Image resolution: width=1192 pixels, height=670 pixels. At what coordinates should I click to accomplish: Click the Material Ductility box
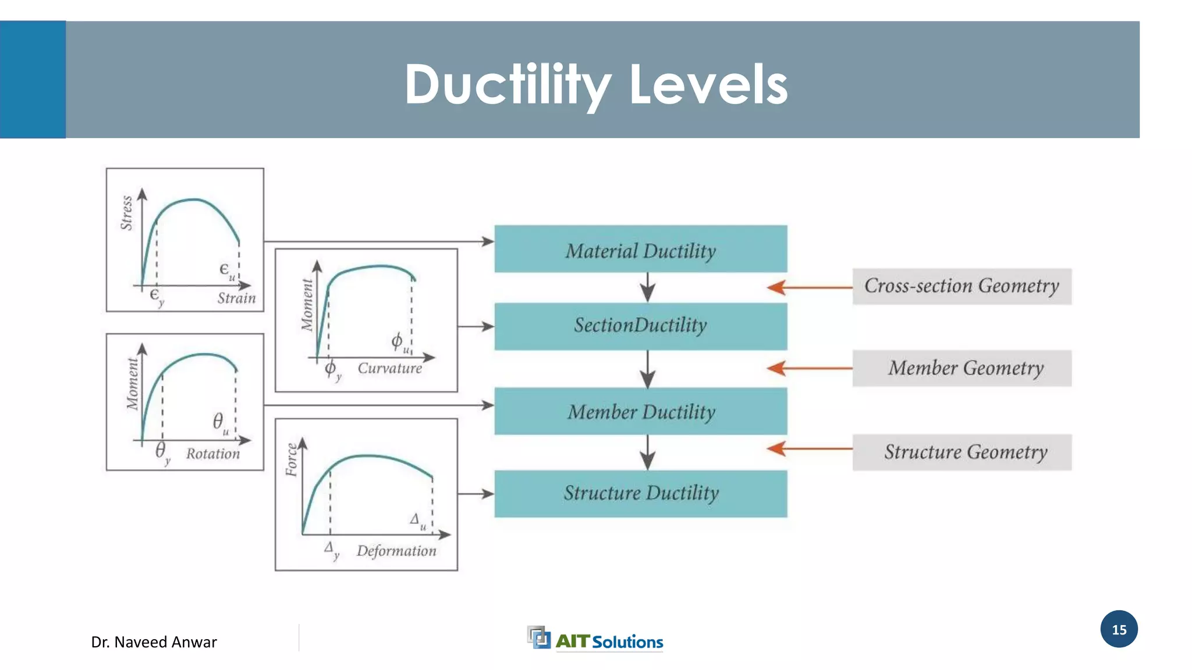(x=640, y=249)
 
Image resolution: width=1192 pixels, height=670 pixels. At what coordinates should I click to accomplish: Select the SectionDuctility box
(x=640, y=326)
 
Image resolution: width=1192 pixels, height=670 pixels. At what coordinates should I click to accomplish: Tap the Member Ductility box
(x=640, y=411)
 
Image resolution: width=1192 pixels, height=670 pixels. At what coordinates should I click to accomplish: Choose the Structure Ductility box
(x=640, y=494)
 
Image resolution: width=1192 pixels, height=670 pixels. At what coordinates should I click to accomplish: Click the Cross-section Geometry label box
(x=962, y=286)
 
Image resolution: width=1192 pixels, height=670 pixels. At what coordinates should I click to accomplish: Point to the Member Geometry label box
(x=962, y=368)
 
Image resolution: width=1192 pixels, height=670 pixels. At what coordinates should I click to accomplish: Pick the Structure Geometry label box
(x=962, y=452)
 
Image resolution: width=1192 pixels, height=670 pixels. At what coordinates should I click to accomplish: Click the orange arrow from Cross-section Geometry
(x=809, y=287)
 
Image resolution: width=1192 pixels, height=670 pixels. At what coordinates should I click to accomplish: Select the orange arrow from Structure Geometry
(x=809, y=448)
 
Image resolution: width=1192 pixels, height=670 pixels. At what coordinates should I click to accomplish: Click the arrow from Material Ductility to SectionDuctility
(x=648, y=287)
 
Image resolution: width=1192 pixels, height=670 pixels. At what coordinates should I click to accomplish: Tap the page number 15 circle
(x=1119, y=629)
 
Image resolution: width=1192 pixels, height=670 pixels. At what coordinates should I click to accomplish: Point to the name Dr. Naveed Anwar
(x=154, y=642)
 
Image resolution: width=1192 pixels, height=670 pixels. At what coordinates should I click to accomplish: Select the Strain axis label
(x=236, y=298)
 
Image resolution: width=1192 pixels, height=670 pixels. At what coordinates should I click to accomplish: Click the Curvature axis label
(x=389, y=368)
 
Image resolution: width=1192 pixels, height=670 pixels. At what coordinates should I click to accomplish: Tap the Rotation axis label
(x=212, y=454)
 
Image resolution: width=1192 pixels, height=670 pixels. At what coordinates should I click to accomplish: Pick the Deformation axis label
(x=396, y=551)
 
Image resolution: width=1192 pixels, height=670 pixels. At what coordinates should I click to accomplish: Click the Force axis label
(x=292, y=459)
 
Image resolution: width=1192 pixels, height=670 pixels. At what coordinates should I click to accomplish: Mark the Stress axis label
(x=126, y=213)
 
